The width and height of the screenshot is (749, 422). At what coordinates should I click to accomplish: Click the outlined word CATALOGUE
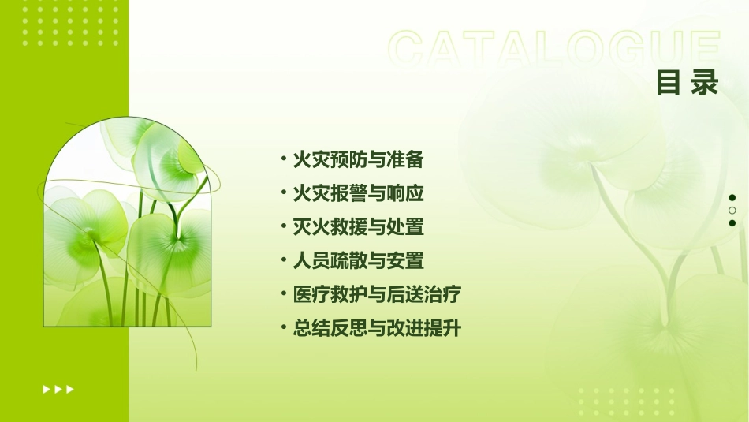pos(554,49)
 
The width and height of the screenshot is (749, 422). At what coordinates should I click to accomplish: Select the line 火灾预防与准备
pos(358,160)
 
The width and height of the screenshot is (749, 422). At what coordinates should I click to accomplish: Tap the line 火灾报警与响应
pos(358,193)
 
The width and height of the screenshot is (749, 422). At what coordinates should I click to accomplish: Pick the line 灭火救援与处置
pos(358,227)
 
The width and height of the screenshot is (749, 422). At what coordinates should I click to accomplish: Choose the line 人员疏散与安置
pos(358,260)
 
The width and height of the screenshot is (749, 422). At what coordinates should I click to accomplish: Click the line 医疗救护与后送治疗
pos(376,294)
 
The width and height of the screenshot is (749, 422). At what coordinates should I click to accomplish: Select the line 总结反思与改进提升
pos(376,328)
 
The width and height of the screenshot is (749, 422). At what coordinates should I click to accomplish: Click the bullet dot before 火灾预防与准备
pos(283,160)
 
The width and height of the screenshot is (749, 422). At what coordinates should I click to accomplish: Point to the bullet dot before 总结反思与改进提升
pos(283,328)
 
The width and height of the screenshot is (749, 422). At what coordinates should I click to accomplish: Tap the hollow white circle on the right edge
pos(732,211)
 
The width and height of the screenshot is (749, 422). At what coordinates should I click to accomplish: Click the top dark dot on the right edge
pos(732,197)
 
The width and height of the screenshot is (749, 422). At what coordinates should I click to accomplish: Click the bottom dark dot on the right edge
pos(732,223)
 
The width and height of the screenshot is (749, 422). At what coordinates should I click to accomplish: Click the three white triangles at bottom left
pos(58,389)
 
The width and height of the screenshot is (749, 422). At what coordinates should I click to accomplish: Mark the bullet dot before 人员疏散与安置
pos(283,260)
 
